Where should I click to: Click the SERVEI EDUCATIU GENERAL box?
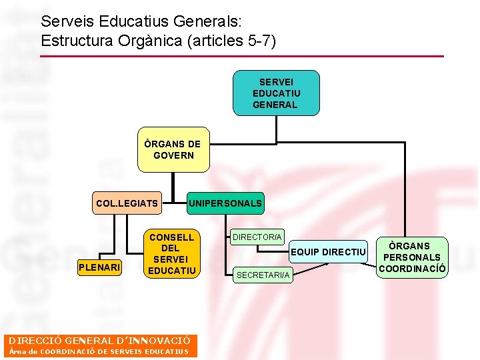tap(275, 93)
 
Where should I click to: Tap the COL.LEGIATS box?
tap(127, 203)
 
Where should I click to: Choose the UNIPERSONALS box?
tap(225, 203)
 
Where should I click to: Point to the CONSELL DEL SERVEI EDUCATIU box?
tap(171, 254)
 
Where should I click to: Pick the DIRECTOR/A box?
tap(257, 237)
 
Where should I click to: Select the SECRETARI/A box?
tap(263, 275)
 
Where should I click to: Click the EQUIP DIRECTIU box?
tap(328, 252)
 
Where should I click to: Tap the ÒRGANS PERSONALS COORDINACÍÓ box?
tap(413, 257)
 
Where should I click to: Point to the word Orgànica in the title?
tap(151, 41)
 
